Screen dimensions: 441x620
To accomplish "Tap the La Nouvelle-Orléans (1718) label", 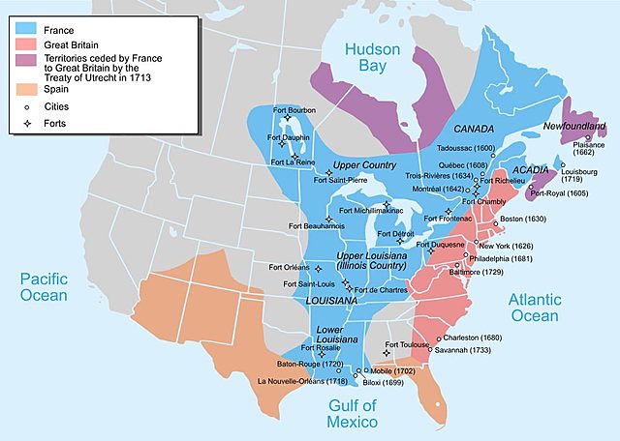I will (x=302, y=382).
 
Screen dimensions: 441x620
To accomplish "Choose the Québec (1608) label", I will (x=466, y=163).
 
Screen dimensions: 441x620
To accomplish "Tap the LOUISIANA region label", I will (x=332, y=301).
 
